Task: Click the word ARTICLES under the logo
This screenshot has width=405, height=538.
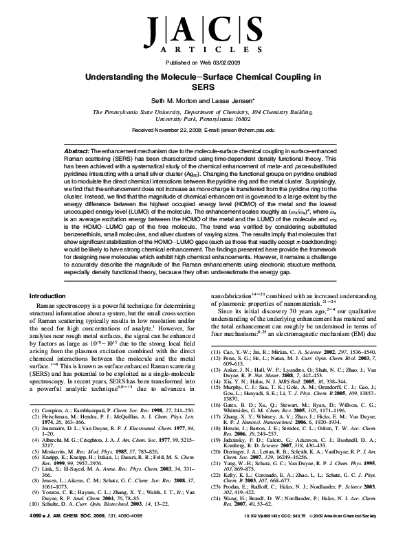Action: click(202, 50)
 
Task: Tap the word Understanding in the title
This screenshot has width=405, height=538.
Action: click(123, 78)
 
